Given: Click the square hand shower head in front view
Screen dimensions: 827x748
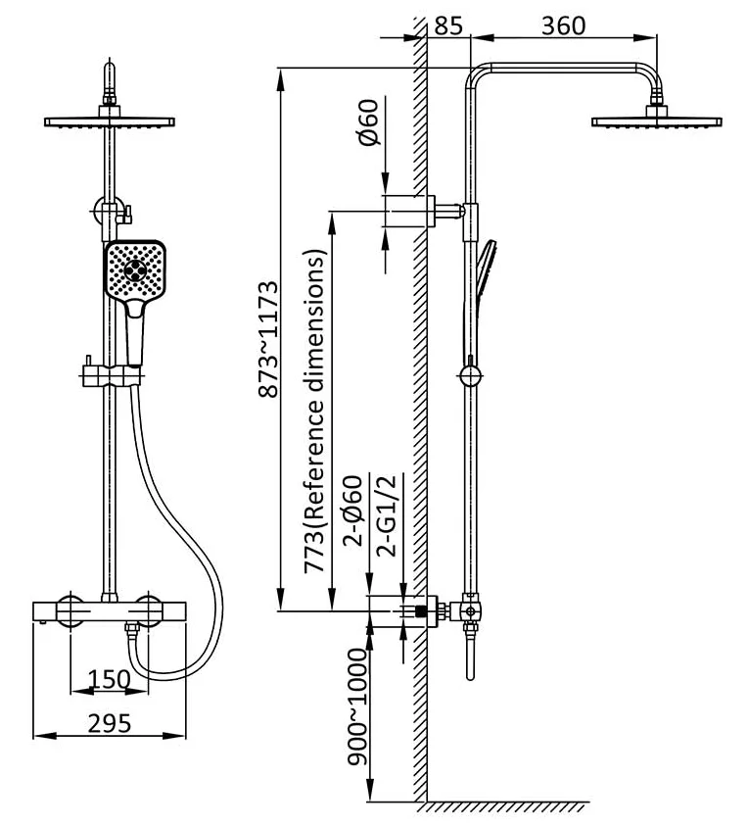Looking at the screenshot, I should click(133, 270).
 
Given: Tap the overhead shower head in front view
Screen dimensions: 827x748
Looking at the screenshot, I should click(110, 122).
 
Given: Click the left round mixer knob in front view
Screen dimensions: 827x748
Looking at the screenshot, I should click(70, 608).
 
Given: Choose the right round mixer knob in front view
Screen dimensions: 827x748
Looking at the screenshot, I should click(150, 608).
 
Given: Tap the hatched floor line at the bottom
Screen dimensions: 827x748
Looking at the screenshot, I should click(509, 807).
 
